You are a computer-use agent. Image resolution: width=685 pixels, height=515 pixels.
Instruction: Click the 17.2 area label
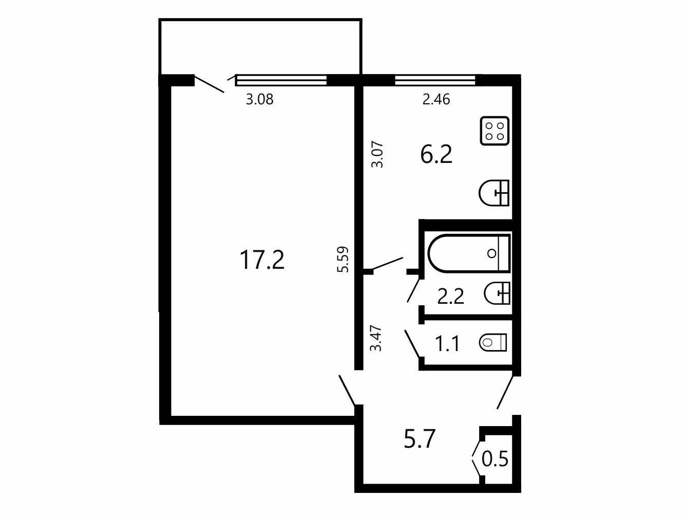click(262, 260)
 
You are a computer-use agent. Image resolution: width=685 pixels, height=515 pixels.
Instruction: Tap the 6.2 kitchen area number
click(436, 155)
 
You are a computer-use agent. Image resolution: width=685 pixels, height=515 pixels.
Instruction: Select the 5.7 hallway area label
click(420, 438)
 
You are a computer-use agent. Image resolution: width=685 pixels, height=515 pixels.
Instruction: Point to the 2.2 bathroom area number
click(451, 297)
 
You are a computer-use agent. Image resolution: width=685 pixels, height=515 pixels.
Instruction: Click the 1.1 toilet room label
click(447, 343)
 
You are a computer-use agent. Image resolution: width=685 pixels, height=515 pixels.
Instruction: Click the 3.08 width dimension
click(260, 100)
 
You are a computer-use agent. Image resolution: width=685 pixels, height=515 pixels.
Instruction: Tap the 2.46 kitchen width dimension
click(436, 100)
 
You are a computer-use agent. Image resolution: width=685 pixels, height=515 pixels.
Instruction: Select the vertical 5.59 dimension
click(342, 260)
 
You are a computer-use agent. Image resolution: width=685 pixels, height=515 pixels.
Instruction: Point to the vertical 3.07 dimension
click(377, 155)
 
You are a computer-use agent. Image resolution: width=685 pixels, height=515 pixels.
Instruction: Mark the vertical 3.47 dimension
click(376, 339)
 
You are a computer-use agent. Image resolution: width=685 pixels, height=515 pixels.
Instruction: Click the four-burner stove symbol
click(494, 131)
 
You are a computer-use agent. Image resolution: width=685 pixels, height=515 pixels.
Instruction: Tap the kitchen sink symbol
click(494, 193)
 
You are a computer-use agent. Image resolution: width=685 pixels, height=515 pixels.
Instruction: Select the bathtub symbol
click(469, 253)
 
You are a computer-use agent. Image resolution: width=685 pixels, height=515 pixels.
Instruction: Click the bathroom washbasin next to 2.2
click(497, 293)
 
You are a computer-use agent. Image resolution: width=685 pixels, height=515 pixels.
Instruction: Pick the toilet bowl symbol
click(493, 343)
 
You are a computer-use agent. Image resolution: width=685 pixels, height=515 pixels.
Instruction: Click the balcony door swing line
click(209, 84)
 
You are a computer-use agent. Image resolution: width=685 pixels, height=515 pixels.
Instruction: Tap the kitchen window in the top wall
click(435, 80)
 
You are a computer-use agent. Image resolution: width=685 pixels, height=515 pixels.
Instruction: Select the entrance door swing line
click(505, 393)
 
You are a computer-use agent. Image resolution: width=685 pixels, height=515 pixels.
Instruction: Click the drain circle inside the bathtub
click(492, 253)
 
